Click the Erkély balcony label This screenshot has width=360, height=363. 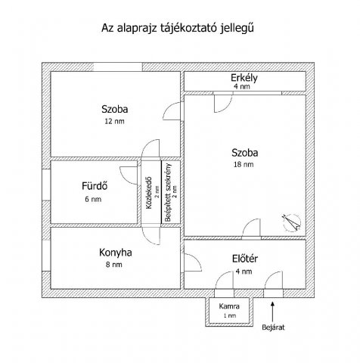pos(244,78)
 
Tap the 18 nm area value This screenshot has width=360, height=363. pos(244,165)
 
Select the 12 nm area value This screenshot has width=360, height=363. pos(114,121)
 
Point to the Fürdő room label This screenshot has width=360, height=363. pos(95,186)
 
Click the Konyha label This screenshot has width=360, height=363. pos(116,253)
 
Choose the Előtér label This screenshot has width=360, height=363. pos(245,259)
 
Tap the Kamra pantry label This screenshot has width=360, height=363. pos(229,306)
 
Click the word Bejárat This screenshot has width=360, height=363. pos(273,327)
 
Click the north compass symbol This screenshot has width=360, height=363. pos(292,222)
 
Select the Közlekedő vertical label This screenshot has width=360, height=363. pos(149,193)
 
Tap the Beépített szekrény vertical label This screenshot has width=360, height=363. pos(168,193)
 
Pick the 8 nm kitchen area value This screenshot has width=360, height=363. pos(114,265)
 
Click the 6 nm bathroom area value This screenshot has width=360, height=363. pos(93,200)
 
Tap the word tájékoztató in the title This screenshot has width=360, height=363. pos(188,28)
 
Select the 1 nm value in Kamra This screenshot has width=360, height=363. pos(230,315)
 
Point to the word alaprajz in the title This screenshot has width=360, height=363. pos(137,28)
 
